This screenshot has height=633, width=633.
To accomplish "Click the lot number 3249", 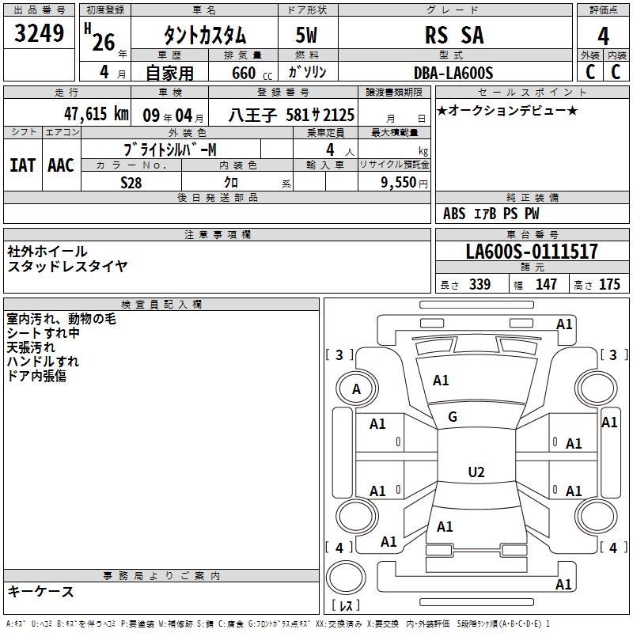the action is click(39, 33).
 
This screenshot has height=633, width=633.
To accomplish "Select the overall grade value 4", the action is click(603, 36).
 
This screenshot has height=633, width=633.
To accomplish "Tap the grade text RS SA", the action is click(454, 35).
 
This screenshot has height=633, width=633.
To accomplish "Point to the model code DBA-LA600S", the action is click(453, 73).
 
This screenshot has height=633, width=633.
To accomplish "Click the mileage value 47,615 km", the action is click(97, 114).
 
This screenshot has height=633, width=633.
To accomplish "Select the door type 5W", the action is click(306, 35).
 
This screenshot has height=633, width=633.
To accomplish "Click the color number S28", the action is click(131, 183).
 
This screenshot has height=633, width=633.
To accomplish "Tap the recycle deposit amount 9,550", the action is click(399, 183).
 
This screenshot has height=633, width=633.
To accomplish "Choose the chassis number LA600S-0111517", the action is click(532, 251).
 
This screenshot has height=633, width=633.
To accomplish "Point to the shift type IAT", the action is click(23, 165).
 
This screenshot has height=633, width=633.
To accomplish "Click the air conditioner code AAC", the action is click(61, 165).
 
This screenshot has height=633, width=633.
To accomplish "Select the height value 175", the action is click(609, 284).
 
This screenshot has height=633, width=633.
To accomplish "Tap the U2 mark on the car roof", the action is click(476, 472).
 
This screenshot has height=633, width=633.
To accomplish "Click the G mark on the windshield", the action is click(453, 417).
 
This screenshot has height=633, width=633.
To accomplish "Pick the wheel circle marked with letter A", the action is click(357, 389).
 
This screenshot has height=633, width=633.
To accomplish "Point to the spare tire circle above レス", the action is click(346, 578).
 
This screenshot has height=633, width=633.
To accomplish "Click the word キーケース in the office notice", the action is click(41, 592).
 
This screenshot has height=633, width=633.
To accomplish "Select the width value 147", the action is click(546, 284).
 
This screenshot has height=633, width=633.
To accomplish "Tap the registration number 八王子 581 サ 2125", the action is click(291, 115).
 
